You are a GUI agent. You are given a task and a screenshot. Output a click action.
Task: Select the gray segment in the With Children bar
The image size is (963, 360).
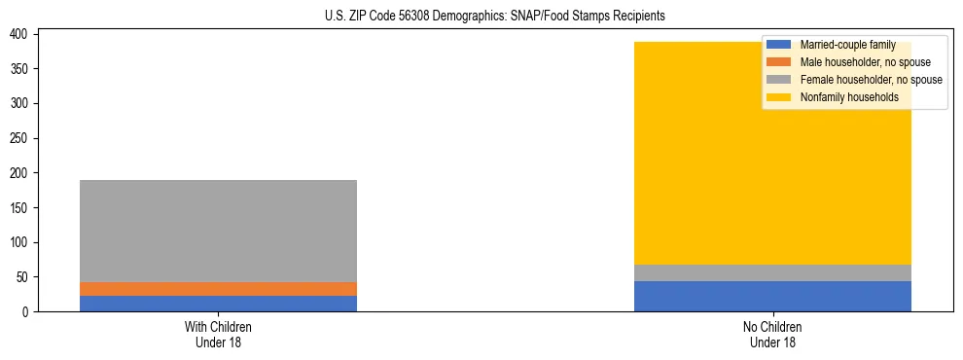(x=218, y=231)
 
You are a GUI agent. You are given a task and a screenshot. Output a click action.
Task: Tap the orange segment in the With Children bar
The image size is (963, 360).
(x=218, y=289)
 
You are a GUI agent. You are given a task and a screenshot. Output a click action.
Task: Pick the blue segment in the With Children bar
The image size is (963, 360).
(x=218, y=304)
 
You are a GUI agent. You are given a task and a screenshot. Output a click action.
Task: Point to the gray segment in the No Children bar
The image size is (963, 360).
(x=772, y=272)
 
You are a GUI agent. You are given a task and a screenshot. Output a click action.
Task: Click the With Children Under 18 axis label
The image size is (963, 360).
(x=218, y=334)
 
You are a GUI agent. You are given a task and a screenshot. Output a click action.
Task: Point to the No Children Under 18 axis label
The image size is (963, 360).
(x=772, y=334)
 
